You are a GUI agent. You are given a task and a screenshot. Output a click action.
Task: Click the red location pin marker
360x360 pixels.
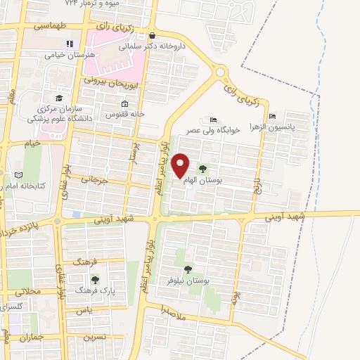pos(181,165)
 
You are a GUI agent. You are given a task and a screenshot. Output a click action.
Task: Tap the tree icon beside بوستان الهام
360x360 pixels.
pos(203,169)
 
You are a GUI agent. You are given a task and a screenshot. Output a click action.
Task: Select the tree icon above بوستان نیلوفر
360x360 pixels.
pos(188,269)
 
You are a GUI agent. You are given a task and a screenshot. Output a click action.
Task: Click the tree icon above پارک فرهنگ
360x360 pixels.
pos(95,279)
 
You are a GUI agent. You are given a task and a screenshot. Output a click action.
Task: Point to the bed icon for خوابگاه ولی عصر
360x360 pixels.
pos(204,120)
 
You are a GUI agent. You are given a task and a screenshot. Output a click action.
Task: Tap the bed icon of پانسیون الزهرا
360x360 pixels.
pos(273,116)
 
